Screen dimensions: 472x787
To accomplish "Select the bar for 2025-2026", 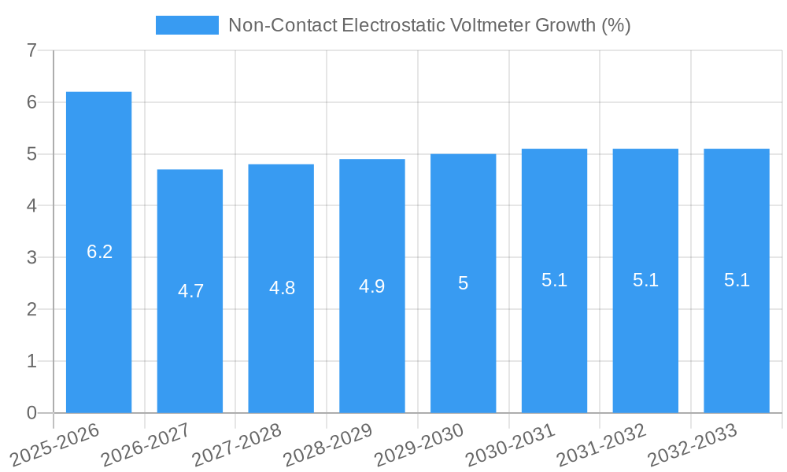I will pos(98,252).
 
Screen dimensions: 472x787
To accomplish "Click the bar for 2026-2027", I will pos(190,291).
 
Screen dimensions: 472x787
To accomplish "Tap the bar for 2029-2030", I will pos(463,283).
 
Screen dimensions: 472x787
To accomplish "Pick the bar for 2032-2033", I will pos(737,280).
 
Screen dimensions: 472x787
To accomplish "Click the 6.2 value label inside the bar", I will pos(100,252).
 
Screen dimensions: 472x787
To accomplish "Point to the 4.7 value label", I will pos(191,291).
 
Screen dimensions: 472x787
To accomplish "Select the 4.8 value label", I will pos(282,288).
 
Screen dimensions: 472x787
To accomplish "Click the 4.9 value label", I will pos(372,286).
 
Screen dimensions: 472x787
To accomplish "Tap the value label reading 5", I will pos(463,284).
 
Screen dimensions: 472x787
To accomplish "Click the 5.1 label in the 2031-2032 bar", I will pos(645,280).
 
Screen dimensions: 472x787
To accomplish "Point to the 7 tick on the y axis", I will pos(31,50).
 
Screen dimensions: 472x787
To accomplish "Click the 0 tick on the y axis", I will pos(31,413).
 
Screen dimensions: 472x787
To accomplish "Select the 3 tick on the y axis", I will pos(31,257).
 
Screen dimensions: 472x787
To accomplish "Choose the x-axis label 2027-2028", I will pos(236,444).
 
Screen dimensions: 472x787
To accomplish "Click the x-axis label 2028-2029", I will pos(327,444).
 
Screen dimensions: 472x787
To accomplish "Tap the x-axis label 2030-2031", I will pos(510,444).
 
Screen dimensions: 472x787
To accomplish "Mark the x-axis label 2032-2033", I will pos(692,444).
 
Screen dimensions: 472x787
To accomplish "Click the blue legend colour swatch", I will pos(187,25).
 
